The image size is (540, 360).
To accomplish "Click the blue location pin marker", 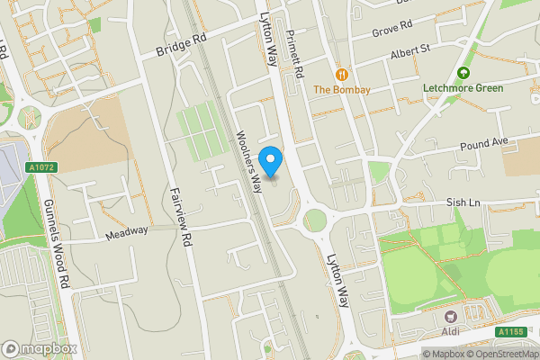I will point(271,160).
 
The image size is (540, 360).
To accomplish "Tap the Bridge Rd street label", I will point(181,46).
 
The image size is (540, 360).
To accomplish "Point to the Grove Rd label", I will point(392,29).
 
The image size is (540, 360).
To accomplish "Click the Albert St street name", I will point(411,56).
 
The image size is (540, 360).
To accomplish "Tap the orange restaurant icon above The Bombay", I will point(341,74).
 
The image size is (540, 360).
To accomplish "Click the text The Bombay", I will point(341,90).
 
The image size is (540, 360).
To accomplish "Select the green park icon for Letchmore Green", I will point(463,73).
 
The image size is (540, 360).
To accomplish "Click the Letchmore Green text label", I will point(463,89).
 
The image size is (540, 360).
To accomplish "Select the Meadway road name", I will point(126,231).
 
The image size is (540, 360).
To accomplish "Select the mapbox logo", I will point(40,348).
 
